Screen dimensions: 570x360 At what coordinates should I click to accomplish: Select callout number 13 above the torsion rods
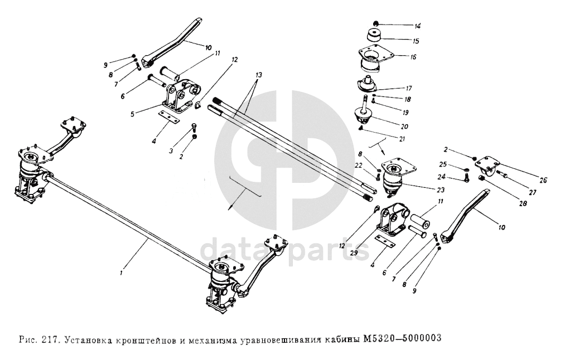[x=258, y=74]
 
